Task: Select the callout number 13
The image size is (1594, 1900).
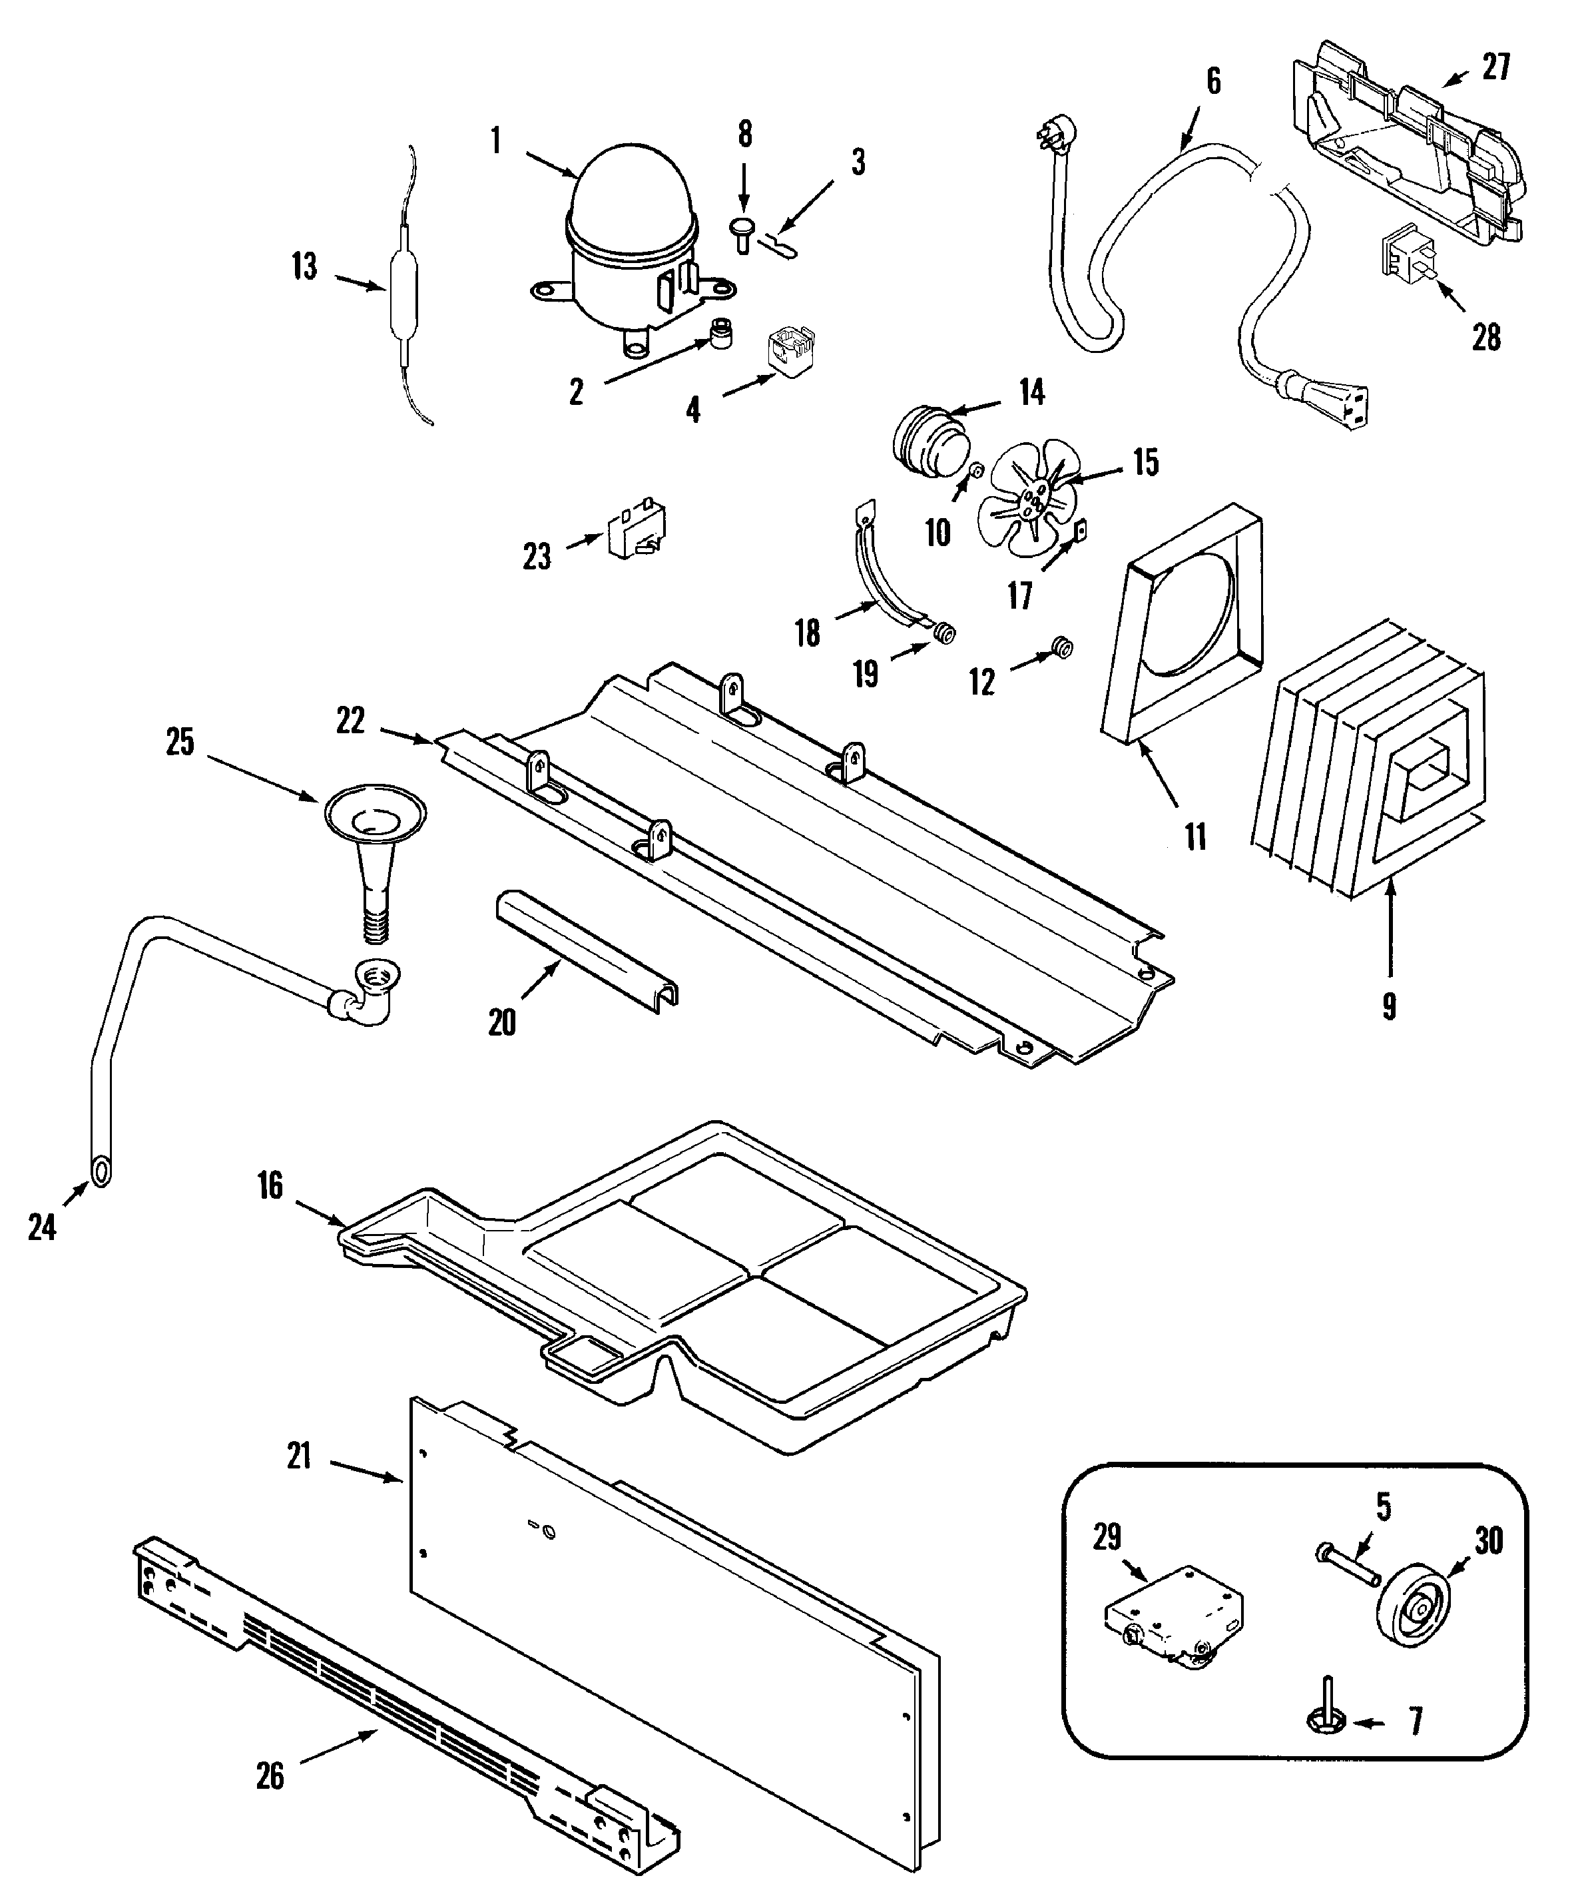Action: (x=305, y=268)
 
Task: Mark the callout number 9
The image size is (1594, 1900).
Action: (x=1389, y=1006)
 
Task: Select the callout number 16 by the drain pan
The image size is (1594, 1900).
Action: (x=270, y=1186)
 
